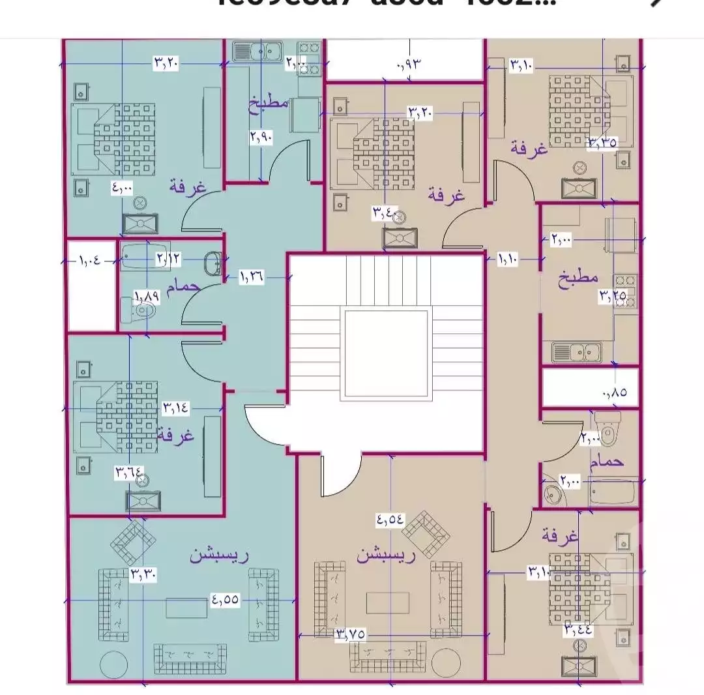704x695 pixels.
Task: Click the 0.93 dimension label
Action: coord(410,64)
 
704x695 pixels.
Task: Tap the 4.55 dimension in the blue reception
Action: coord(225,600)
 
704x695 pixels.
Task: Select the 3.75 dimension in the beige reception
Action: coord(350,634)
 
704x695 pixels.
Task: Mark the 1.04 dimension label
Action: coord(90,261)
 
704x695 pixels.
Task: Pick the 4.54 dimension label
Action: coord(390,520)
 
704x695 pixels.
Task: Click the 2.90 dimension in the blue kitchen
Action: coord(260,137)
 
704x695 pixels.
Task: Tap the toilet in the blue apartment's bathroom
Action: coord(142,313)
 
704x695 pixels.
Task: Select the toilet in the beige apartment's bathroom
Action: coord(609,428)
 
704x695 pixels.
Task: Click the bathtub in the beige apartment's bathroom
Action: coord(611,491)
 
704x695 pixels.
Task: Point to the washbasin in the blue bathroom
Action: coord(213,263)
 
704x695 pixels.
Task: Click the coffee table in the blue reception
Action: coord(186,608)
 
